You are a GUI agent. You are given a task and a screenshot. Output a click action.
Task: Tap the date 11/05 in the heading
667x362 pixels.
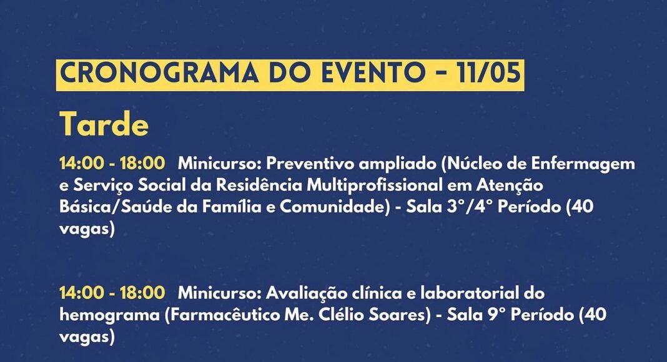[488, 72]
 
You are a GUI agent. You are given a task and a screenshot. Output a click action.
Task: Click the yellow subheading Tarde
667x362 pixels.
[104, 124]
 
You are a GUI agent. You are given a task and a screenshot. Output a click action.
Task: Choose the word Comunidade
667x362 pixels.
[335, 207]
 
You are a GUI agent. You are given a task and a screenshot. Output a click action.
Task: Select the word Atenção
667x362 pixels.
[510, 186]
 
